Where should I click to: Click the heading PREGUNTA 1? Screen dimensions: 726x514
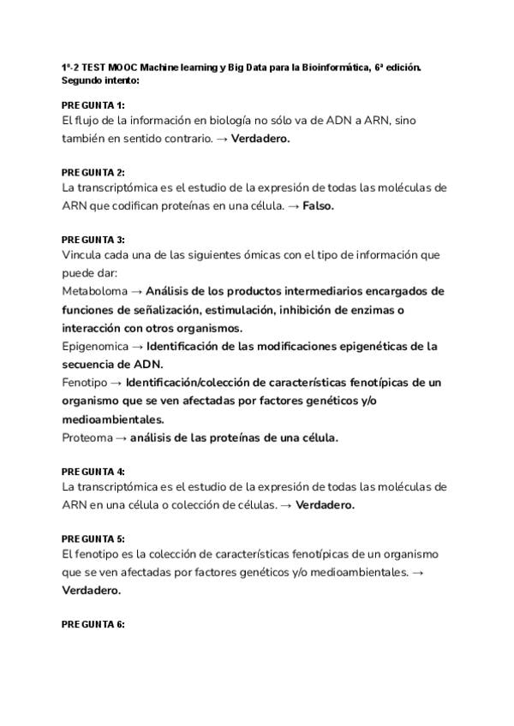[x=93, y=104]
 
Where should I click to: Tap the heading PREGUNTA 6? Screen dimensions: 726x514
[x=93, y=624]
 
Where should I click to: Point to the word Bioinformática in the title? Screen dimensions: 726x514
[x=338, y=68]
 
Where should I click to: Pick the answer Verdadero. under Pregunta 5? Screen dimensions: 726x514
[x=91, y=590]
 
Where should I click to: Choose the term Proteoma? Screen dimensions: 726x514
[x=87, y=437]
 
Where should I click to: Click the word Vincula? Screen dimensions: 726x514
[x=82, y=255]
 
